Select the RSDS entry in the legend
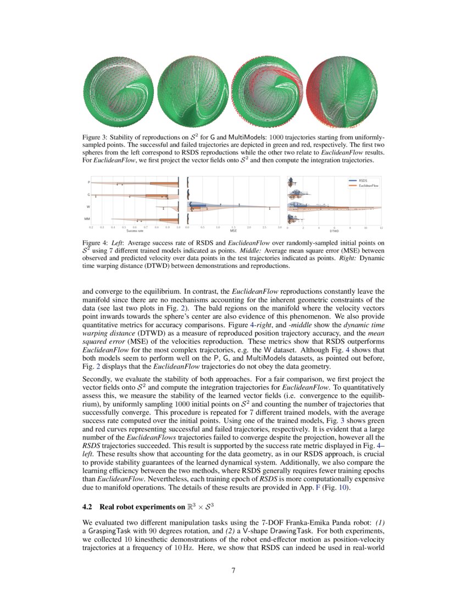(363, 180)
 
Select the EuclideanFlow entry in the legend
(369, 186)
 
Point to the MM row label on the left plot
(87, 219)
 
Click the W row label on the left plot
(88, 207)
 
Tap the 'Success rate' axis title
(135, 231)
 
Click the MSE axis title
(233, 231)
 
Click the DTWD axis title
(334, 231)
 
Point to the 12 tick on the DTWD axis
(381, 227)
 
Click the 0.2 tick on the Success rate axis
(91, 227)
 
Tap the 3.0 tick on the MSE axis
(280, 227)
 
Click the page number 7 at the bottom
(233, 570)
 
